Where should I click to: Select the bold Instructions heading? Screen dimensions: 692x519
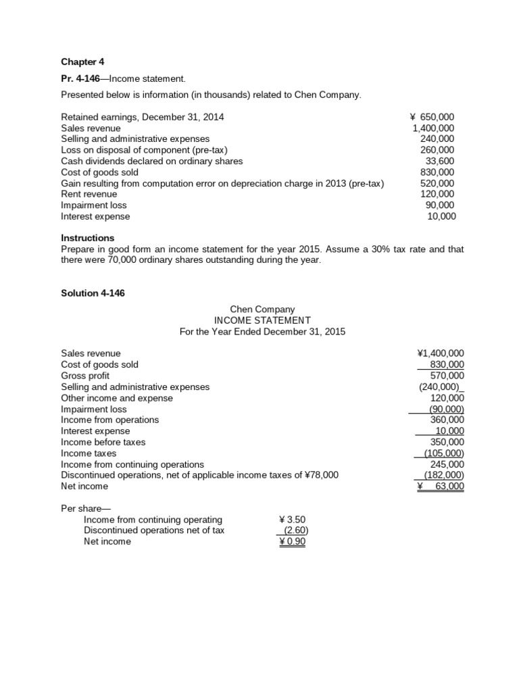pyautogui.click(x=88, y=238)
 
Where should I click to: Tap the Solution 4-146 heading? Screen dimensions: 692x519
pyautogui.click(x=93, y=293)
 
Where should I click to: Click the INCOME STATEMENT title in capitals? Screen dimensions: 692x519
pyautogui.click(x=262, y=320)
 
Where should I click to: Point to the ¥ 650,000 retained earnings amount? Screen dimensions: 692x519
pyautogui.click(x=432, y=117)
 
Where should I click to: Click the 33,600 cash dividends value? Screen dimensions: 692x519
pyautogui.click(x=440, y=161)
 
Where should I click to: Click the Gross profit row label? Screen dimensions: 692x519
pyautogui.click(x=85, y=375)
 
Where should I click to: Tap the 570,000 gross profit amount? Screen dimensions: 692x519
pyautogui.click(x=447, y=375)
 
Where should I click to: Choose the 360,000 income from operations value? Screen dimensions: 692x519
pyautogui.click(x=447, y=420)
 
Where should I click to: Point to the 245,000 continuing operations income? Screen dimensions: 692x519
pyautogui.click(x=447, y=464)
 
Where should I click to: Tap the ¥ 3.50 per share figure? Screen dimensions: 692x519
pyautogui.click(x=292, y=520)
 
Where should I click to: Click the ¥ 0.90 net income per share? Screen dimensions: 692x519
pyautogui.click(x=292, y=541)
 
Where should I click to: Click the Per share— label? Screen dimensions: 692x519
pyautogui.click(x=80, y=508)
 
